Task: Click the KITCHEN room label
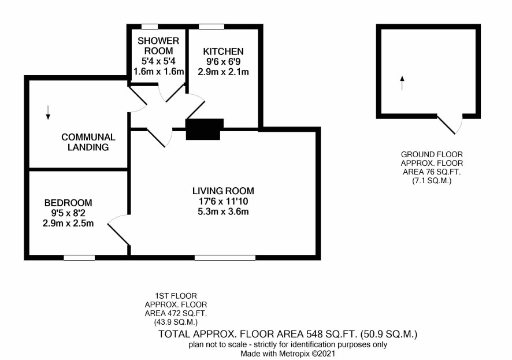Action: coord(223,51)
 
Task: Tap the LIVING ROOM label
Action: coord(223,191)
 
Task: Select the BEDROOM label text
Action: coord(68,203)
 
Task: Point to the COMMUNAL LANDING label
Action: coord(88,142)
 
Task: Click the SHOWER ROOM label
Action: coord(158,46)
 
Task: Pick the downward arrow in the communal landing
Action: coord(48,112)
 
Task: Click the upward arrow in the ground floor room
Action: coord(402,83)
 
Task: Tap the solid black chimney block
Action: coord(205,129)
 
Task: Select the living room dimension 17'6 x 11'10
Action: coord(223,201)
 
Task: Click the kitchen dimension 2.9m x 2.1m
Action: coord(223,72)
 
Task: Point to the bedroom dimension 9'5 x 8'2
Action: coord(68,213)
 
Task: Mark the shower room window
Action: coord(150,27)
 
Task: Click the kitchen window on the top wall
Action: coord(212,27)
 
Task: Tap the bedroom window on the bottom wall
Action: coord(79,258)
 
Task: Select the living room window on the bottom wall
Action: coord(225,258)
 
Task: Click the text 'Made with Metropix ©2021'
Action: coord(288,354)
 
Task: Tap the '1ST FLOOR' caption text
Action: coord(176,296)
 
